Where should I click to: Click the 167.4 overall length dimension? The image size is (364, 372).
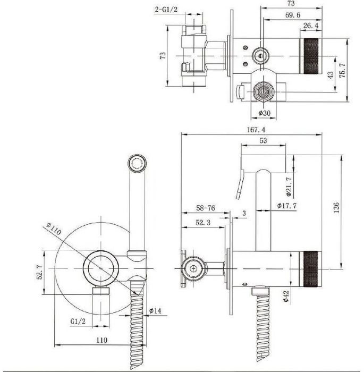256,130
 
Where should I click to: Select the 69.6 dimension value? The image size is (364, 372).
293,15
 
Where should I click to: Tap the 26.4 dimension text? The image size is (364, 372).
311,26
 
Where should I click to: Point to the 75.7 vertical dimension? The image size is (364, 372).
342,71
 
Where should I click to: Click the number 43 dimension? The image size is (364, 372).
331,75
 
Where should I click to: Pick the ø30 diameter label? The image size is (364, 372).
264,113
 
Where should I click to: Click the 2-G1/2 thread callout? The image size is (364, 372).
166,10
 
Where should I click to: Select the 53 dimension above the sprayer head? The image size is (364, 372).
263,141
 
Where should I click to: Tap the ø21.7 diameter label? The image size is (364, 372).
289,187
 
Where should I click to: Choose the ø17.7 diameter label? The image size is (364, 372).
287,206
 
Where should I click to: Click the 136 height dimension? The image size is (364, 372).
336,208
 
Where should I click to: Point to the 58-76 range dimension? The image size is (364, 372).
206,208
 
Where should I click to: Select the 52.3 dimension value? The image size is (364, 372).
203,223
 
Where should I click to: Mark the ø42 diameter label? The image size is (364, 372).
286,296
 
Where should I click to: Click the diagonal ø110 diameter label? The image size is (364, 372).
54,229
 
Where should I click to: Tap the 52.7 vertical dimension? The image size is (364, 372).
40,272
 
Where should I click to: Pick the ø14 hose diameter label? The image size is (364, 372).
155,310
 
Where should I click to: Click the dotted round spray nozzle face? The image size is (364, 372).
137,164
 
